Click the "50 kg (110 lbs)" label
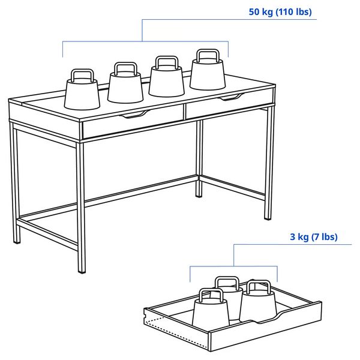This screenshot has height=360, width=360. (x=280, y=11)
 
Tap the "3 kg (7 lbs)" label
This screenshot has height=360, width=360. (x=313, y=237)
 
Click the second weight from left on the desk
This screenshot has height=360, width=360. (x=125, y=85)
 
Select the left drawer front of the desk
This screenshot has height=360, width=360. (x=132, y=122)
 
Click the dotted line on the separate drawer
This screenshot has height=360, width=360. (x=157, y=328)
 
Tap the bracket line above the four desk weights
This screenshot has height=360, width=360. (x=144, y=41)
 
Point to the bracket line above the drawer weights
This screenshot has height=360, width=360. (x=234, y=266)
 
